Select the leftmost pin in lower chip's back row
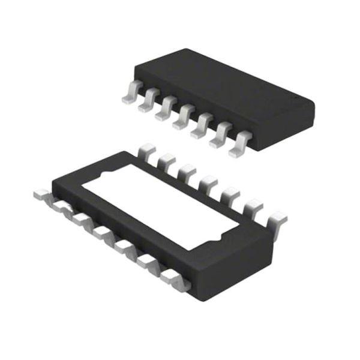coord(146,151)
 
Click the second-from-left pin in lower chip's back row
coord(165,161)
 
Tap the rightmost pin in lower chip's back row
coord(279,220)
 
